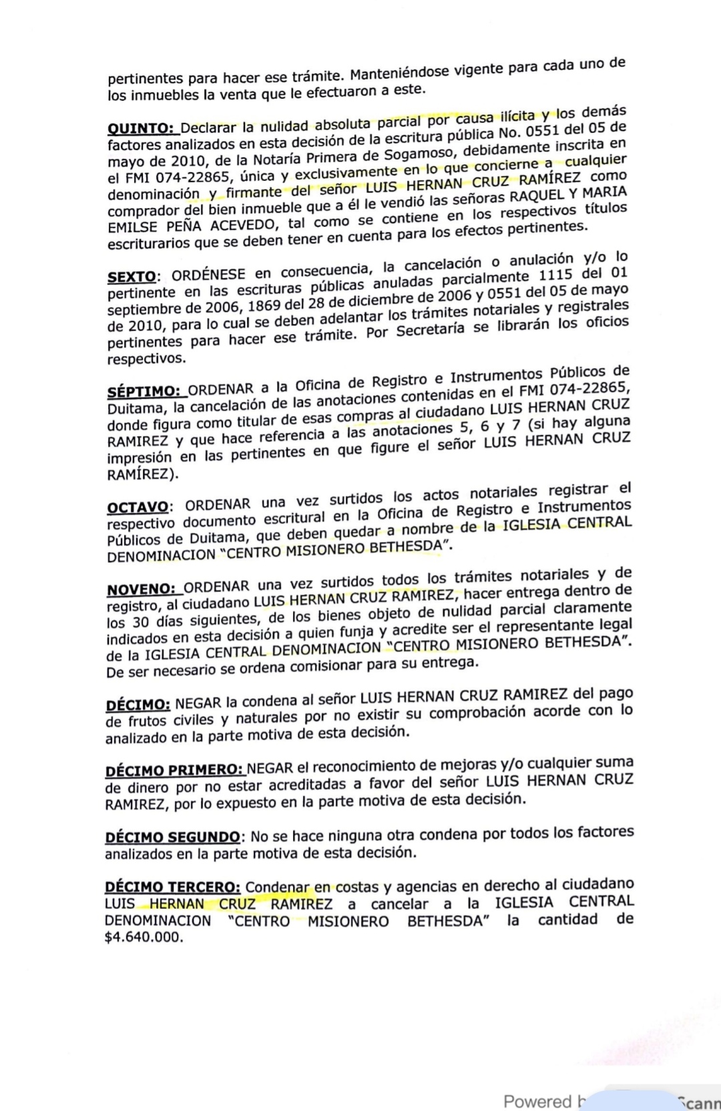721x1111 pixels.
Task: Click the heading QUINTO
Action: click(x=140, y=128)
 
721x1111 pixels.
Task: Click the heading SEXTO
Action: click(x=132, y=276)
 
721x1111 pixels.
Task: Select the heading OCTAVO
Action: click(x=137, y=507)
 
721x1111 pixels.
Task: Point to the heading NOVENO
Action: click(x=140, y=590)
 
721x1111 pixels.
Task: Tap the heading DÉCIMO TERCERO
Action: click(x=172, y=888)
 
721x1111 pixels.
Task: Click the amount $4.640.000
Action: click(x=143, y=937)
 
